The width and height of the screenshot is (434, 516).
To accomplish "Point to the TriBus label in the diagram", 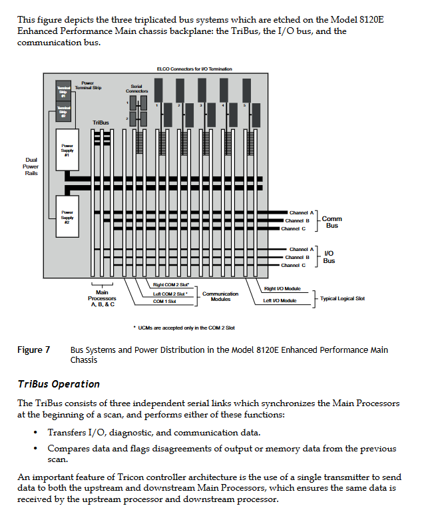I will pos(101,123).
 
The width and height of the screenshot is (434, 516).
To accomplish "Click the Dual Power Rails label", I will pos(31,166).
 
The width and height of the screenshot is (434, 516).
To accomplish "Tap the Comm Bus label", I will pos(331,222).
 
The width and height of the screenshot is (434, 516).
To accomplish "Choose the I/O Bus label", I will pos(329,257).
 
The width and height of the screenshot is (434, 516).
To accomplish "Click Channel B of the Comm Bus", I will pos(298,220).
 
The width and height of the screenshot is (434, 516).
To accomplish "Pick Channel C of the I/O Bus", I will pos(294,265).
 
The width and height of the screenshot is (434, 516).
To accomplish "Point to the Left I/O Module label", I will pos(280,301).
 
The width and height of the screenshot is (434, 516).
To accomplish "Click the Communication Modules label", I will pos(220,296).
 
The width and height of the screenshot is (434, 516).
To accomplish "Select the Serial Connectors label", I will pos(136,89).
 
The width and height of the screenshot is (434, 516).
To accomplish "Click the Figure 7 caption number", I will pos(34,350).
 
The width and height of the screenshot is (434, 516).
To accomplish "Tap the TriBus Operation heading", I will pos(59,384).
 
